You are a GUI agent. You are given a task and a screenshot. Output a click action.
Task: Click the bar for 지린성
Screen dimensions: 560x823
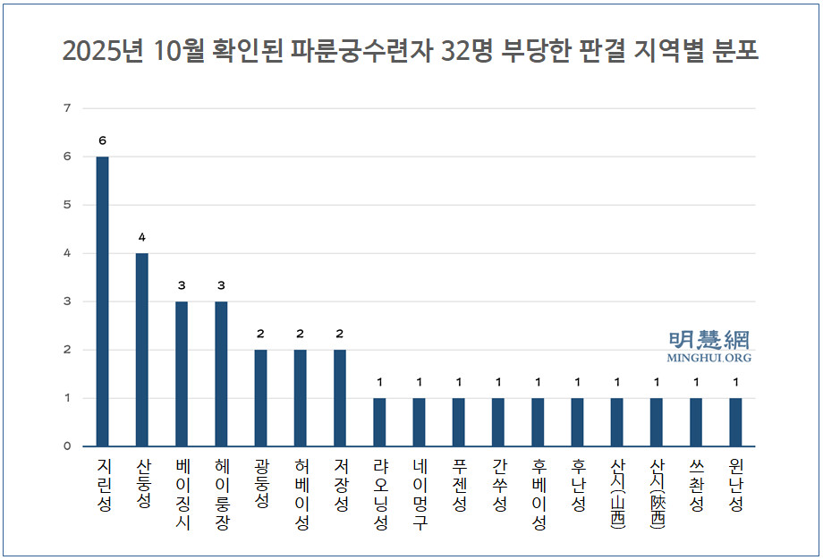tap(103, 301)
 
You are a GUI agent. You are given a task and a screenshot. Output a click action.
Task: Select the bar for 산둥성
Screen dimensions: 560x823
tap(142, 350)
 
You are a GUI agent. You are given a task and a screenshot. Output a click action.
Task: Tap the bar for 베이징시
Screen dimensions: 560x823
tap(182, 374)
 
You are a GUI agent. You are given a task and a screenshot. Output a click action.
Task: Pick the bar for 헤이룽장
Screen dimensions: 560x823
tap(221, 374)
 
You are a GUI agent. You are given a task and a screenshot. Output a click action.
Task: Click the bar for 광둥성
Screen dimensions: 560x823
tap(260, 398)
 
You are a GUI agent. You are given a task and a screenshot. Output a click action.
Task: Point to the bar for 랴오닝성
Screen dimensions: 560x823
tap(379, 422)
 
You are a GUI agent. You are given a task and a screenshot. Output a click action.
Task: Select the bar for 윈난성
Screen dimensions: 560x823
tap(735, 422)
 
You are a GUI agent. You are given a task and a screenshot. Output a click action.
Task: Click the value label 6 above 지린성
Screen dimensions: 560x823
tap(103, 141)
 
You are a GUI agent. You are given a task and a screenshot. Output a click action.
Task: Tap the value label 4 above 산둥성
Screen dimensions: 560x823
tap(142, 237)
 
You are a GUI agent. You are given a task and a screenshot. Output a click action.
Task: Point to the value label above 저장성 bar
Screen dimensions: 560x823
tap(340, 334)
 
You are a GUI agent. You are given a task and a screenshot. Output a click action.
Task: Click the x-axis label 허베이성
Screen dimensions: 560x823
tap(301, 495)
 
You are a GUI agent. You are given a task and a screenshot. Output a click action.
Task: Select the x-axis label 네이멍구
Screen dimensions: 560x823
tap(419, 495)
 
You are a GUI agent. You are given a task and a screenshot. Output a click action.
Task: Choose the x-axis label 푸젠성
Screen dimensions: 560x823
tap(459, 485)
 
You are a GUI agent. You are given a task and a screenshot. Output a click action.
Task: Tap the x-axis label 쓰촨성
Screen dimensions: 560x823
tap(696, 485)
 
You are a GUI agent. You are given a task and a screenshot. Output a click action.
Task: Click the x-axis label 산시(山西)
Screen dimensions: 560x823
tap(617, 495)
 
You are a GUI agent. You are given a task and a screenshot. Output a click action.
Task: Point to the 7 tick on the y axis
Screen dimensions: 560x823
tap(66, 108)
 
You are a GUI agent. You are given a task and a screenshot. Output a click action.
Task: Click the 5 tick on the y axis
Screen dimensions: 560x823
tap(66, 205)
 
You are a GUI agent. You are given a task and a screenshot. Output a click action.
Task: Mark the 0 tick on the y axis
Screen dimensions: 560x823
tap(66, 446)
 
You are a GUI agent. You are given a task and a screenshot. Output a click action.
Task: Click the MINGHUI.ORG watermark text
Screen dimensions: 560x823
tap(708, 358)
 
